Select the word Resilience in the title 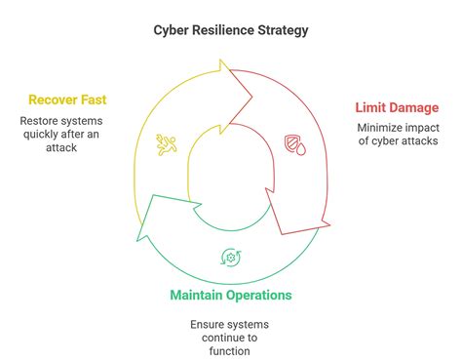pyautogui.click(x=225, y=30)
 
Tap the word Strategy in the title pyautogui.click(x=285, y=30)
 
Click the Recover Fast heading pyautogui.click(x=66, y=100)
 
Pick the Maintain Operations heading pyautogui.click(x=231, y=295)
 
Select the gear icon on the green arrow pyautogui.click(x=231, y=258)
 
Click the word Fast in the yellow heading pyautogui.click(x=95, y=100)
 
